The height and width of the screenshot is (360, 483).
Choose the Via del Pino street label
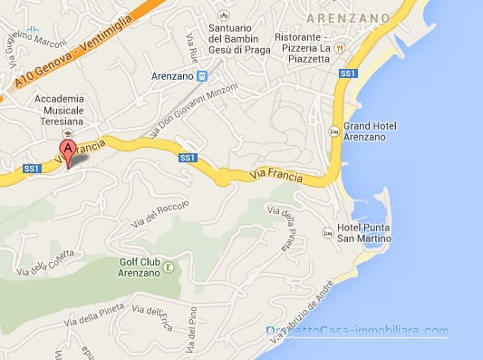(192, 336)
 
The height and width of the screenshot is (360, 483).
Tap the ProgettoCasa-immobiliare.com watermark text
(357, 330)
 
